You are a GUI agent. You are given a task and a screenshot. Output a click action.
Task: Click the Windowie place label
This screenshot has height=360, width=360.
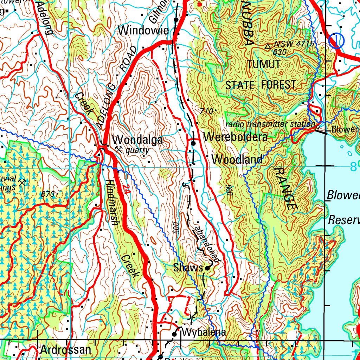(x=143, y=31)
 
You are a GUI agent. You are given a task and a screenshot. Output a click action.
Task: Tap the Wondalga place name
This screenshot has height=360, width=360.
(x=137, y=140)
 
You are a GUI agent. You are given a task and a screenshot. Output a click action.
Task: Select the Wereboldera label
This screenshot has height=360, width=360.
(x=235, y=137)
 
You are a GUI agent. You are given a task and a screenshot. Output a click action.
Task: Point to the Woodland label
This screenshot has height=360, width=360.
(x=237, y=160)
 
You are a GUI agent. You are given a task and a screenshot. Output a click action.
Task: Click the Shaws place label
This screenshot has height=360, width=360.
(x=188, y=268)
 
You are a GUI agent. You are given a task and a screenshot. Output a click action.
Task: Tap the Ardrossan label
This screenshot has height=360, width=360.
(x=65, y=350)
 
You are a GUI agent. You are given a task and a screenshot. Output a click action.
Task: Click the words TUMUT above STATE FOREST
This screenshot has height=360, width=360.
(x=264, y=64)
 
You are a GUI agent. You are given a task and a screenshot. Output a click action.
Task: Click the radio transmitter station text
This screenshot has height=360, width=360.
(x=270, y=124)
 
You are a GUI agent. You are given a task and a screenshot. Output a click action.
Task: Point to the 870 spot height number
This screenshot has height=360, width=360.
(x=47, y=194)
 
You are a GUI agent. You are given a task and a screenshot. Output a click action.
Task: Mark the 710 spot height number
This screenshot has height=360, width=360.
(x=206, y=111)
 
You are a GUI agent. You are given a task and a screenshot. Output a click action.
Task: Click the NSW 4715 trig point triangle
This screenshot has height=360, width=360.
(x=268, y=46)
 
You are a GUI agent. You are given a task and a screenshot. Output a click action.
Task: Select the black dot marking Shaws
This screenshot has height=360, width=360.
(x=207, y=269)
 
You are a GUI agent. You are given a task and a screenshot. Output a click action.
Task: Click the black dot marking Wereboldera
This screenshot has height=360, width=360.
(x=193, y=143)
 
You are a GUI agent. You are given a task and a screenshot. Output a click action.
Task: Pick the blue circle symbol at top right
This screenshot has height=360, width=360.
(x=336, y=41)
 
